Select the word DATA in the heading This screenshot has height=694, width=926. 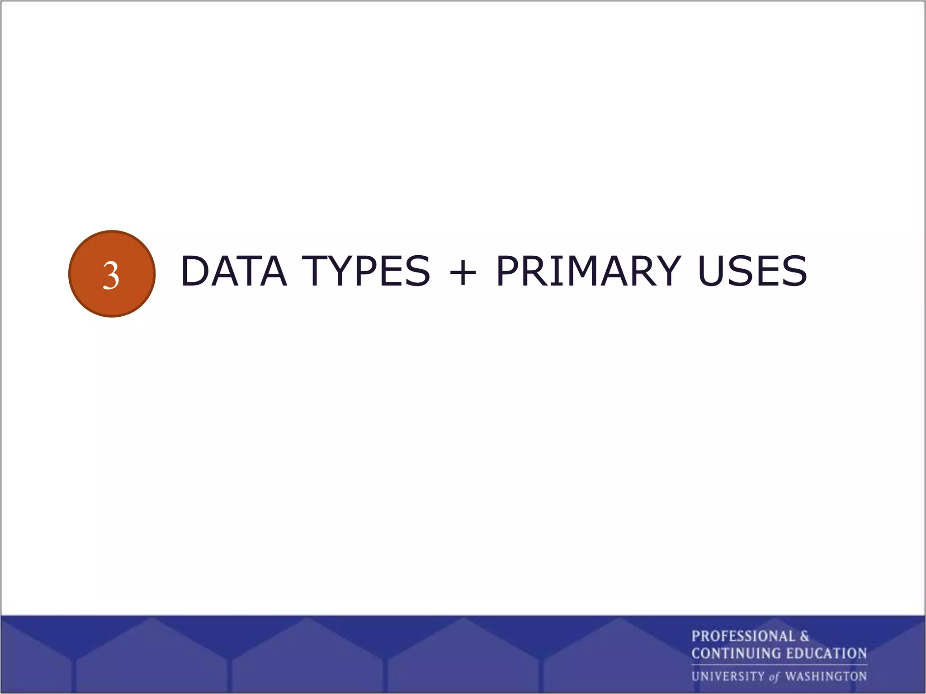(234, 271)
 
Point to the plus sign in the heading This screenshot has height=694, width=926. (463, 272)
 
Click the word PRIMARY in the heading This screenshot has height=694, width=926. (588, 271)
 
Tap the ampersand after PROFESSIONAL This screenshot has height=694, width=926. (804, 637)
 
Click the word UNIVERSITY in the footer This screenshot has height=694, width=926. (728, 676)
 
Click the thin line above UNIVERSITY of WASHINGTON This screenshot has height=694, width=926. (779, 665)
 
